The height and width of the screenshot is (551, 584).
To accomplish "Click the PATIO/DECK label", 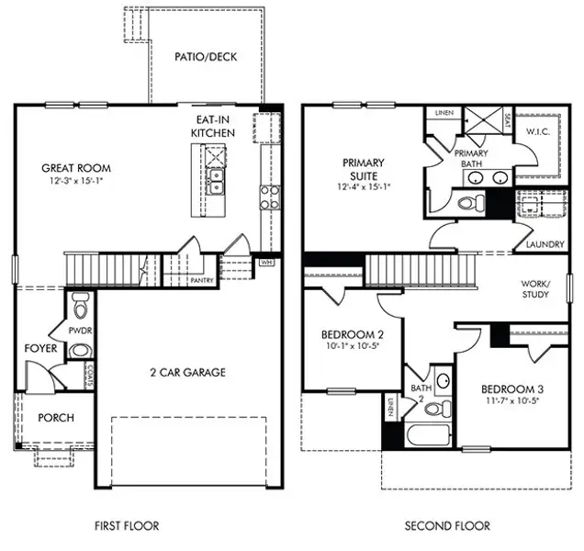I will [x=206, y=57].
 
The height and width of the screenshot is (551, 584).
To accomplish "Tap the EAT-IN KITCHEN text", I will [x=212, y=127].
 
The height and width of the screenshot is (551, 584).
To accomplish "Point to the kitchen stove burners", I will [x=271, y=196].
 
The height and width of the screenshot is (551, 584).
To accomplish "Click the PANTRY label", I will [x=203, y=279].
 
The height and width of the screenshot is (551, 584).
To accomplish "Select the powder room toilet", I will [x=79, y=304].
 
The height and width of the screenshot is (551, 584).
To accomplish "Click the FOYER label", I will [x=41, y=349].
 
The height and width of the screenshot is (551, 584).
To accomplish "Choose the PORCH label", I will [x=55, y=418].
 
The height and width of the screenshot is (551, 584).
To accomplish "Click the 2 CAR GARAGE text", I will [x=187, y=373].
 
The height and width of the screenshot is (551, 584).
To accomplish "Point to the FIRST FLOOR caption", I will [x=127, y=526].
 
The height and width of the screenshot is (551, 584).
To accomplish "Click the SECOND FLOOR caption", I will [x=447, y=526].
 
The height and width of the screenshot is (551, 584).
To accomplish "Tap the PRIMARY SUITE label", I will [x=364, y=169].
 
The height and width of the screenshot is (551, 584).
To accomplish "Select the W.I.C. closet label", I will [x=537, y=131].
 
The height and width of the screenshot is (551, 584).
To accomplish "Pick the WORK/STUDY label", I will [x=534, y=289].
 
